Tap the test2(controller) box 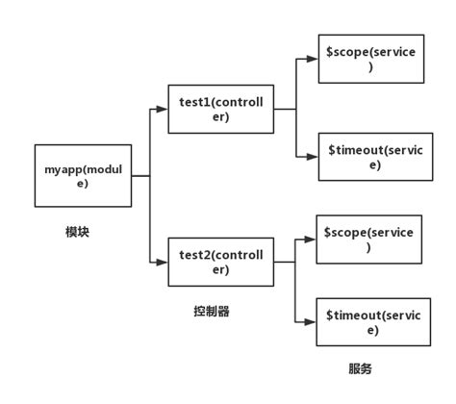218,261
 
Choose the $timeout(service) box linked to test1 373,157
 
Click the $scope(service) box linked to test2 369,240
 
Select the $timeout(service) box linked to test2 371,322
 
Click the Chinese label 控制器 212,311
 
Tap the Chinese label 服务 359,368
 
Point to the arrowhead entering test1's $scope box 312,58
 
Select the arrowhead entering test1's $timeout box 312,156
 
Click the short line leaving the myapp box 139,176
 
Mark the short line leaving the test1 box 283,110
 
